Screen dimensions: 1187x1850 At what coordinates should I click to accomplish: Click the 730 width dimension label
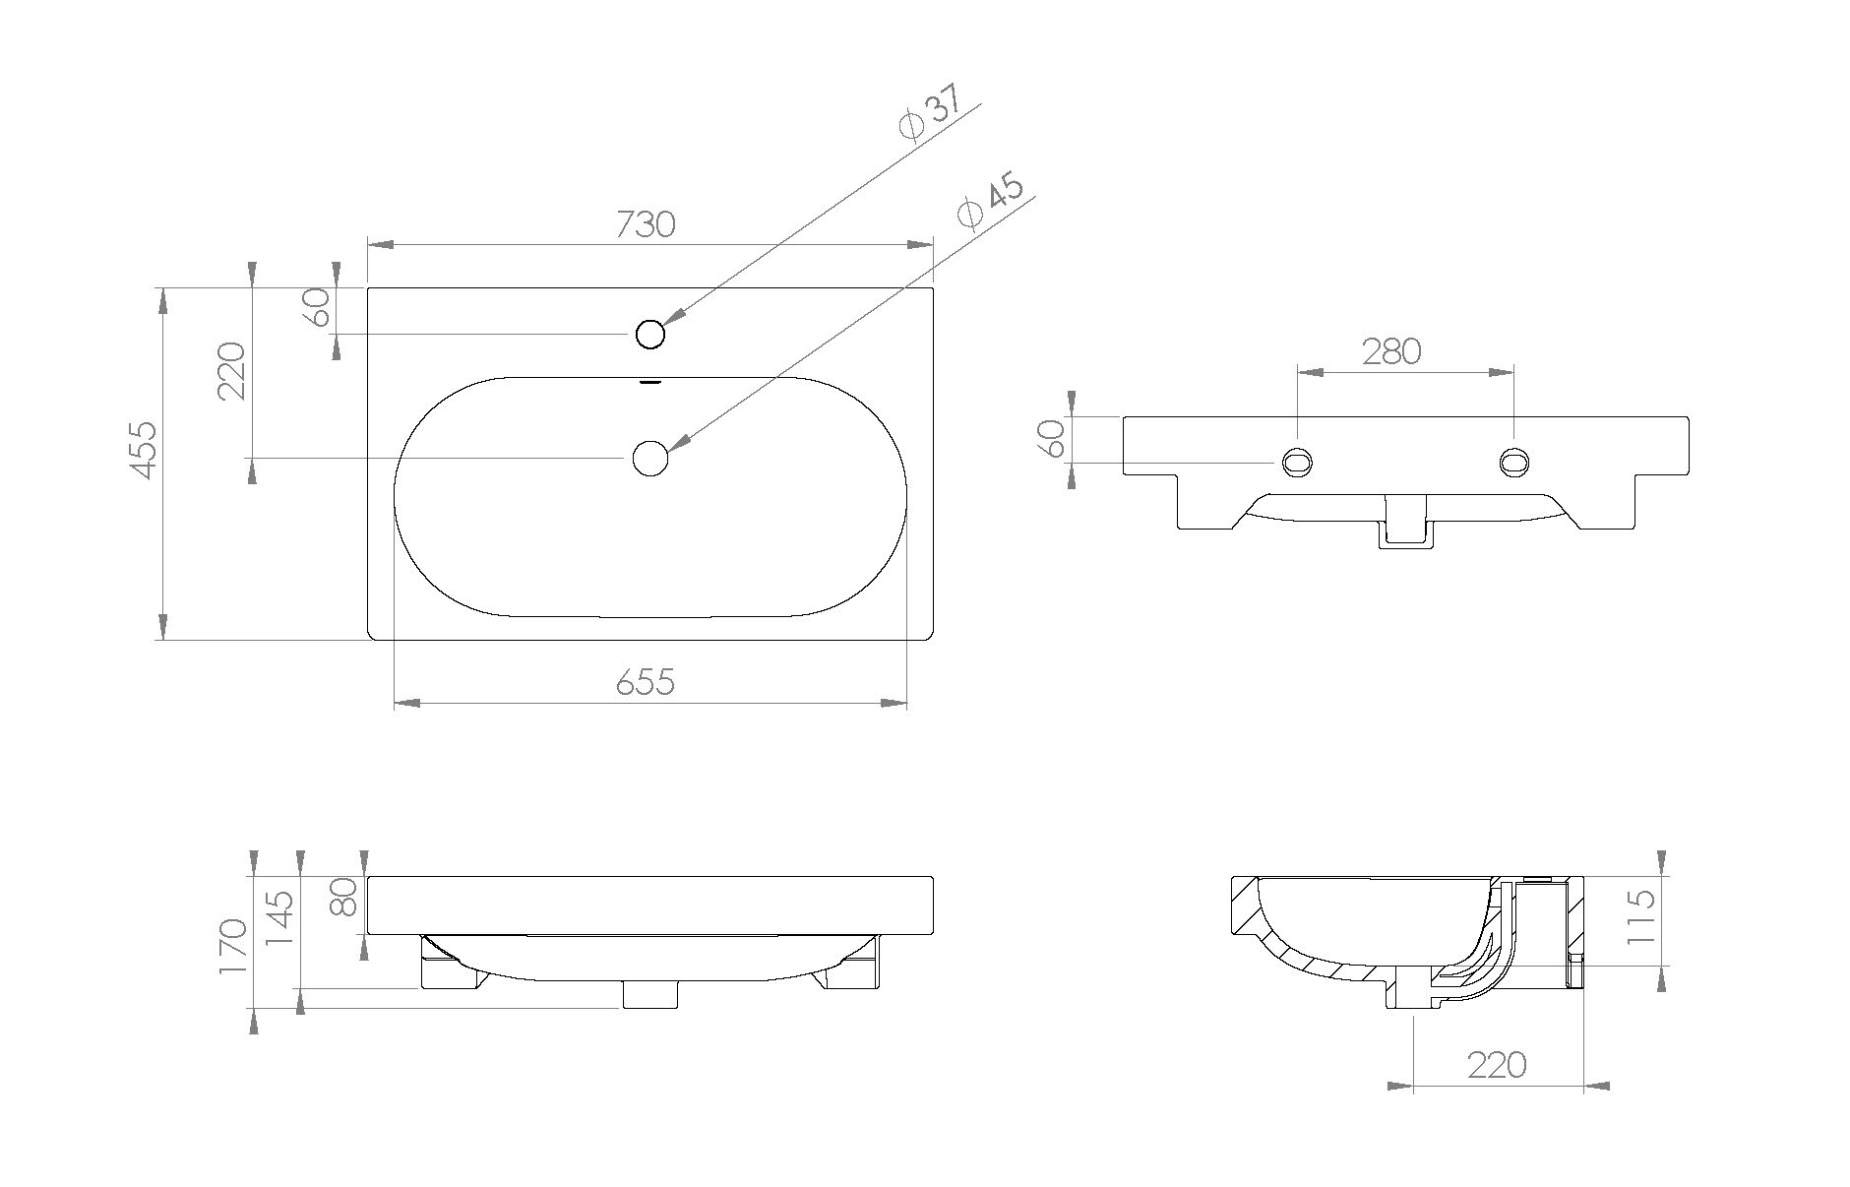coord(646,224)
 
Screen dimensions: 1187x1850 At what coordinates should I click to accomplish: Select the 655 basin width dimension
coord(646,681)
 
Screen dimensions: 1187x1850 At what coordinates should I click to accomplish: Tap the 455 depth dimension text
coord(144,450)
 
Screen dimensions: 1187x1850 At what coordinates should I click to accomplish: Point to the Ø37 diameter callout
coord(926,115)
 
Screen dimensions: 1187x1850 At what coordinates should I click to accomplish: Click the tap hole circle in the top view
coord(650,335)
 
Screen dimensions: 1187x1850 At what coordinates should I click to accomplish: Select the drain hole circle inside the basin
coord(649,458)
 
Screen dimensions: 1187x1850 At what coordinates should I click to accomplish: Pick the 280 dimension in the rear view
coord(1390,351)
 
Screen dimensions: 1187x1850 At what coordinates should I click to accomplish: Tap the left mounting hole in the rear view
coord(1297,462)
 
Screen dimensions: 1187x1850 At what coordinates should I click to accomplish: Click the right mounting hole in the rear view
coord(1513,462)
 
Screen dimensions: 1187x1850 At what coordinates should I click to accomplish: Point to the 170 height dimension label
coord(232,947)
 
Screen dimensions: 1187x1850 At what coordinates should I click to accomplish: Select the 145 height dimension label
coord(280,918)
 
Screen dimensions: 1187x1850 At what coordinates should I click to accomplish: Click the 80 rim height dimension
coord(342,898)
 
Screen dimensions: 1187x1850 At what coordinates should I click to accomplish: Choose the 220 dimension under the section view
coord(1497,1065)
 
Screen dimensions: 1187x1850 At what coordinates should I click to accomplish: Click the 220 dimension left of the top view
coord(230,371)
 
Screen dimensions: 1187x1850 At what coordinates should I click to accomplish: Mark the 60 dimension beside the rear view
coord(1052,438)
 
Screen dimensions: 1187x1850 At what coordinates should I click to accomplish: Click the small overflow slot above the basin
coord(649,382)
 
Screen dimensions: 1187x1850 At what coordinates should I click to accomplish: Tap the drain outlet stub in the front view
coord(649,995)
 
